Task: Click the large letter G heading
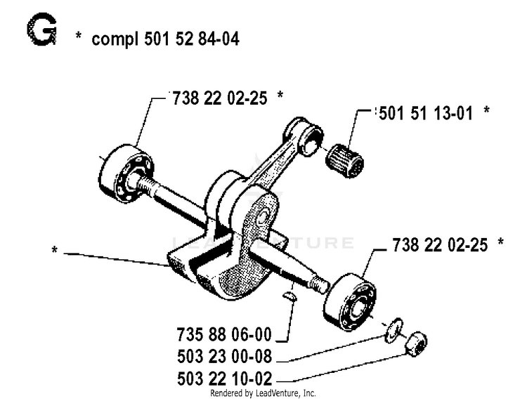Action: click(41, 29)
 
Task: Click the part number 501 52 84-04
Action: click(192, 39)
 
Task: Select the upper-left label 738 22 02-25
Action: click(220, 98)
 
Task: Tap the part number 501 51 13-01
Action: click(426, 113)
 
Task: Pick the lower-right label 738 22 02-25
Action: click(440, 245)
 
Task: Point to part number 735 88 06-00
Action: click(224, 334)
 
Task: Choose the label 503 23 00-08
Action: click(224, 356)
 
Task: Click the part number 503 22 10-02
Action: click(224, 379)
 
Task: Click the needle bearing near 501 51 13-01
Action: click(345, 161)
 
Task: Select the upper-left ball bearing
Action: click(126, 173)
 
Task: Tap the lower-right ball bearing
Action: click(349, 301)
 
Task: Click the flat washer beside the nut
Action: click(394, 330)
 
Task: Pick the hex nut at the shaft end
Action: click(416, 344)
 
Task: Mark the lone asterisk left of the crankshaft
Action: click(54, 250)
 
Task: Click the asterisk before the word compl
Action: click(78, 35)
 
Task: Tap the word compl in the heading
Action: click(115, 39)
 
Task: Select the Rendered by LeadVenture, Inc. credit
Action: click(263, 393)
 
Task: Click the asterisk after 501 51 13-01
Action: click(486, 110)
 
